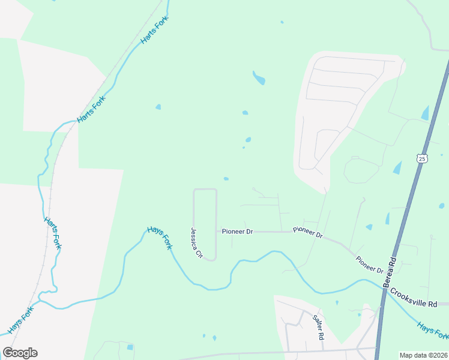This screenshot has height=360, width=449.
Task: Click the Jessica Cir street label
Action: click(x=196, y=242)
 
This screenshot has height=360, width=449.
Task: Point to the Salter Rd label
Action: click(x=318, y=327)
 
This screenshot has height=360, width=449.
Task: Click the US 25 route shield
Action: click(x=422, y=158)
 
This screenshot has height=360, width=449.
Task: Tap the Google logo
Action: click(x=20, y=353)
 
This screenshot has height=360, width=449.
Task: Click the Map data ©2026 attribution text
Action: click(x=424, y=355)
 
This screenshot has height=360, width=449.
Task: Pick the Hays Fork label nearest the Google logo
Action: click(x=21, y=322)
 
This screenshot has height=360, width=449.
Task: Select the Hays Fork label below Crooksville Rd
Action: click(x=432, y=331)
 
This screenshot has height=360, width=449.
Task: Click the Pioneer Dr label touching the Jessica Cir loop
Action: click(x=237, y=231)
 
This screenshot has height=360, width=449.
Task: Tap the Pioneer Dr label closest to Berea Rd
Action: click(x=369, y=265)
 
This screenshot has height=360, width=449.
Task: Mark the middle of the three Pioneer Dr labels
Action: click(x=307, y=233)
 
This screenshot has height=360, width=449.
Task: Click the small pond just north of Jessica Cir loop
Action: click(x=226, y=178)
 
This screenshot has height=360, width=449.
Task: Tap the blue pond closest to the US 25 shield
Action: click(x=397, y=168)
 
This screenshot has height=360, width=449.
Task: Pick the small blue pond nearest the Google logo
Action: click(x=130, y=347)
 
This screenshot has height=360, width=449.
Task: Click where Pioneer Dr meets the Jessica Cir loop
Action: click(x=216, y=231)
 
